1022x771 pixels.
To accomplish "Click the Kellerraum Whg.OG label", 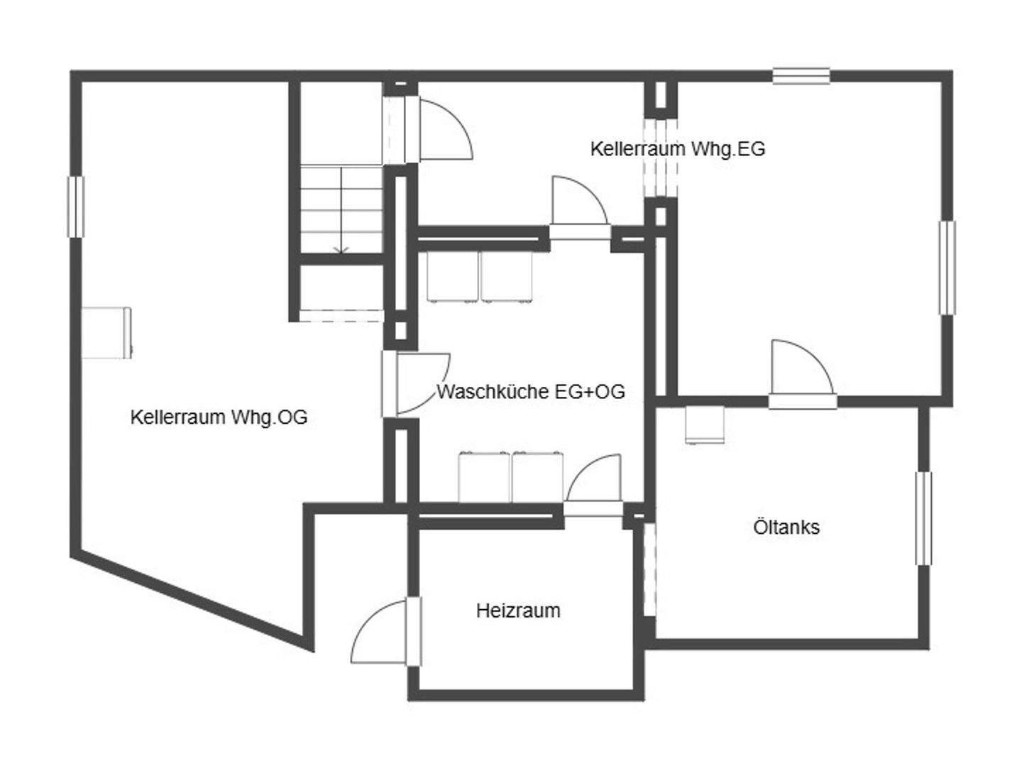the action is click(x=219, y=417).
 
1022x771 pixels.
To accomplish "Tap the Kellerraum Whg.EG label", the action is click(x=677, y=149).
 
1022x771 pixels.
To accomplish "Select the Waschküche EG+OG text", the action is click(x=530, y=392).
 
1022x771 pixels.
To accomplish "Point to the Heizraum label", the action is click(x=518, y=611).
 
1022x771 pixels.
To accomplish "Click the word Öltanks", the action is click(x=786, y=527).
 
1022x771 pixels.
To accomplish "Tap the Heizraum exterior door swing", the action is click(x=380, y=632).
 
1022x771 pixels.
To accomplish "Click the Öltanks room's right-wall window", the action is click(x=923, y=518).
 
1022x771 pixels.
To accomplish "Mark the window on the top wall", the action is click(x=801, y=75).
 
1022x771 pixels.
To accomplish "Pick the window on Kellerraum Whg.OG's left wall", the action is click(x=75, y=207).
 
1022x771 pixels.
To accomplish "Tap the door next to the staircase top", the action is click(x=444, y=128).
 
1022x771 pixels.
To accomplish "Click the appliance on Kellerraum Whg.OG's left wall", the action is click(x=106, y=332).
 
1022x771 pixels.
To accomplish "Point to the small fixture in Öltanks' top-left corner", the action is click(x=704, y=425).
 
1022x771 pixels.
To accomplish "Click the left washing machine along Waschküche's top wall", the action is click(x=453, y=277).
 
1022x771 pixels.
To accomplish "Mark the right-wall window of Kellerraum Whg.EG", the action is click(x=947, y=268).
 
